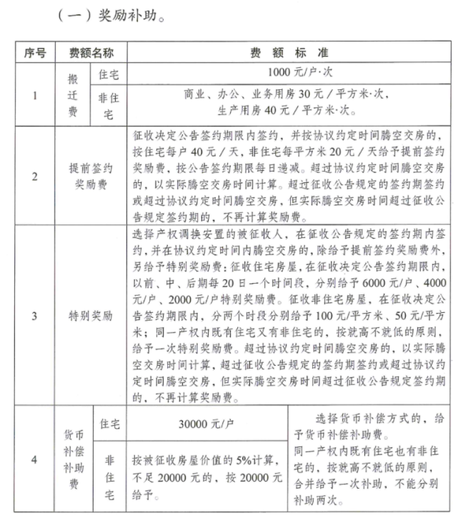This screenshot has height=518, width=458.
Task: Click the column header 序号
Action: [35, 54]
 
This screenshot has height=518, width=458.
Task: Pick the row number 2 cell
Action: [35, 176]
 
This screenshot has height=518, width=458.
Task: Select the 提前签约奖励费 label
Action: [94, 176]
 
